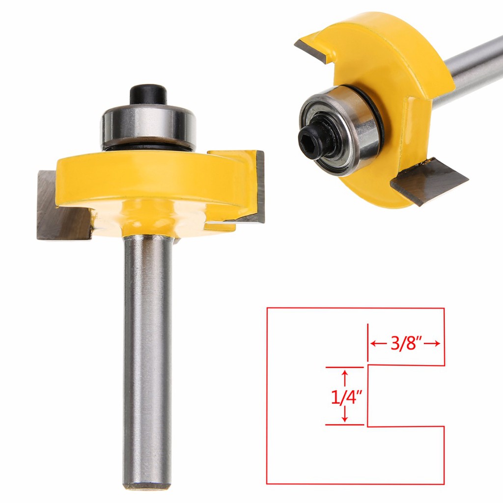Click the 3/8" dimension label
(x=407, y=343)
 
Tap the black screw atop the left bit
(x=148, y=94)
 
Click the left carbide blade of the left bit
(x=54, y=206)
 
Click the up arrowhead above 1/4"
(x=344, y=374)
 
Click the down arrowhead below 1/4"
(x=344, y=419)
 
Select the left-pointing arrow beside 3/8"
(x=376, y=343)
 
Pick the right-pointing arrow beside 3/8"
(x=434, y=343)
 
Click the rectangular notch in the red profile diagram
(x=405, y=396)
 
